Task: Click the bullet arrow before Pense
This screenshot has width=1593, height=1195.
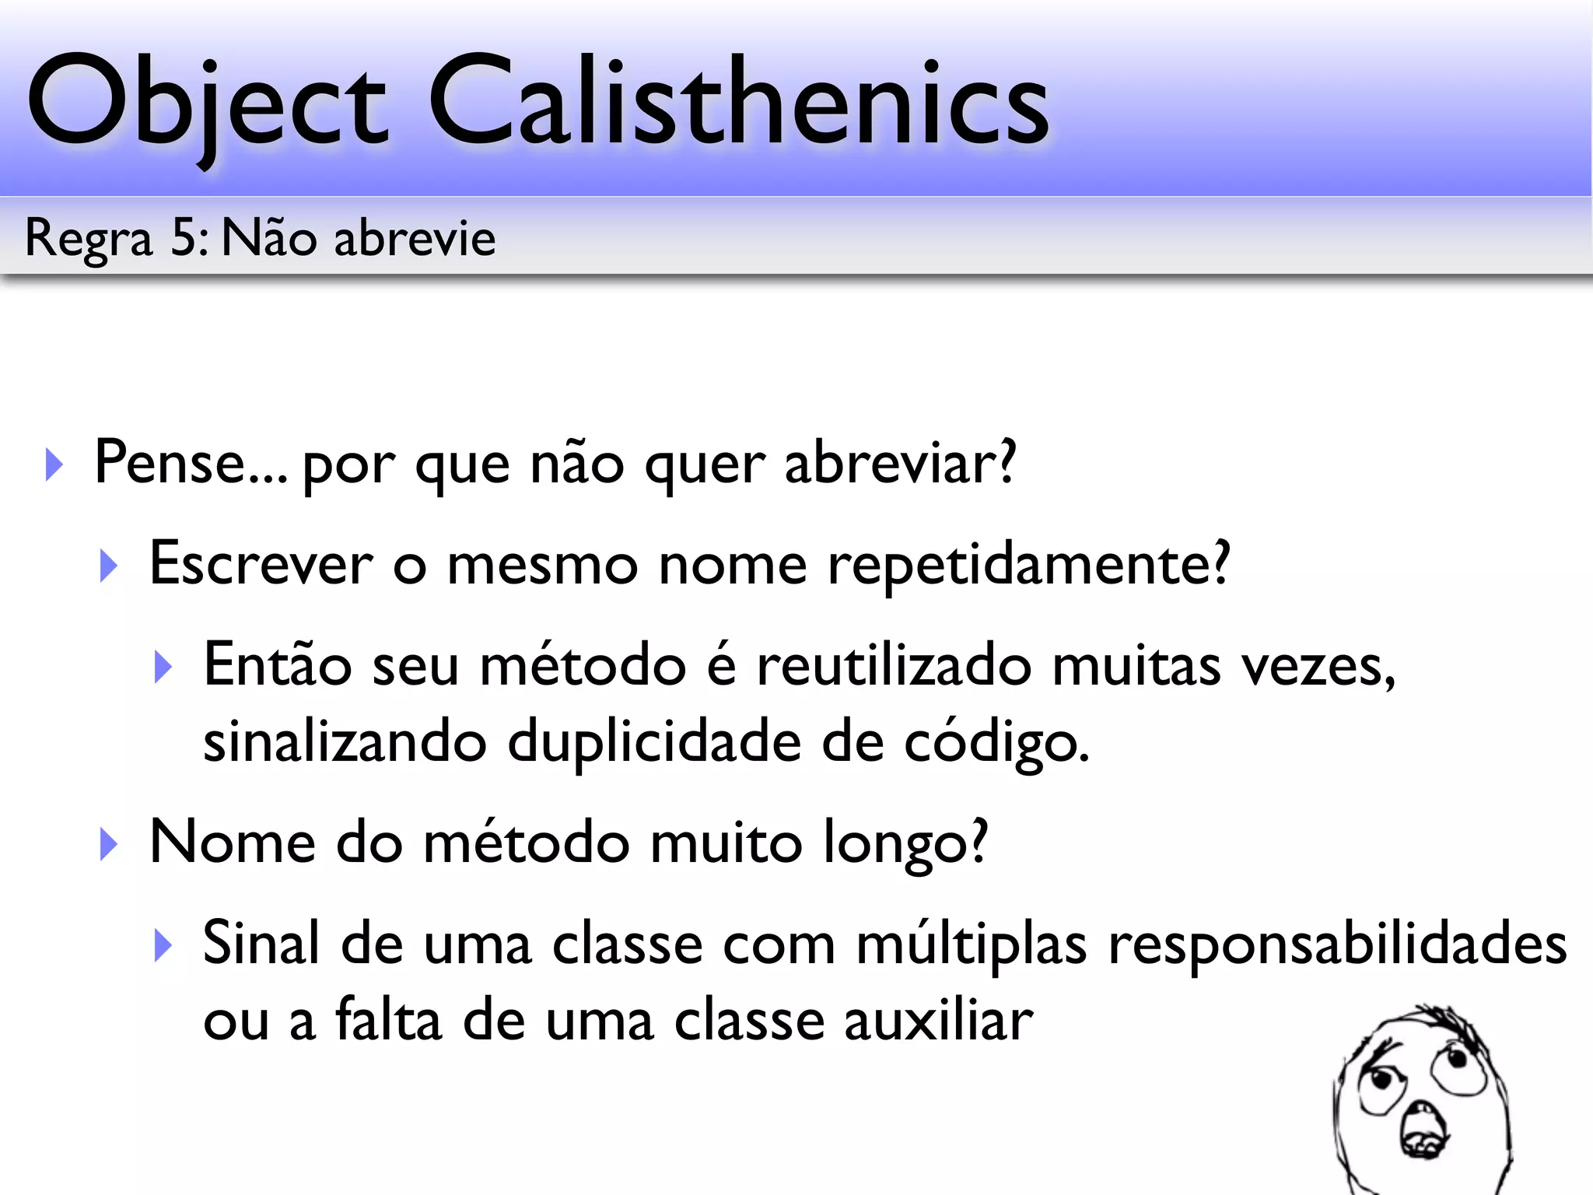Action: click(x=54, y=464)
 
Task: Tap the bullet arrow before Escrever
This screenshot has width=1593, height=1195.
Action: click(x=109, y=566)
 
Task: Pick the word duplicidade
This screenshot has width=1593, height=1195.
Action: click(x=654, y=743)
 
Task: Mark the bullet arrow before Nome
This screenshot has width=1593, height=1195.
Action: click(x=109, y=844)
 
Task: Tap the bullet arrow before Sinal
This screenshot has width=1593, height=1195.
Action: click(x=163, y=945)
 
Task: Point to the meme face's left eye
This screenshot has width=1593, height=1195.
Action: click(x=1381, y=1081)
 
